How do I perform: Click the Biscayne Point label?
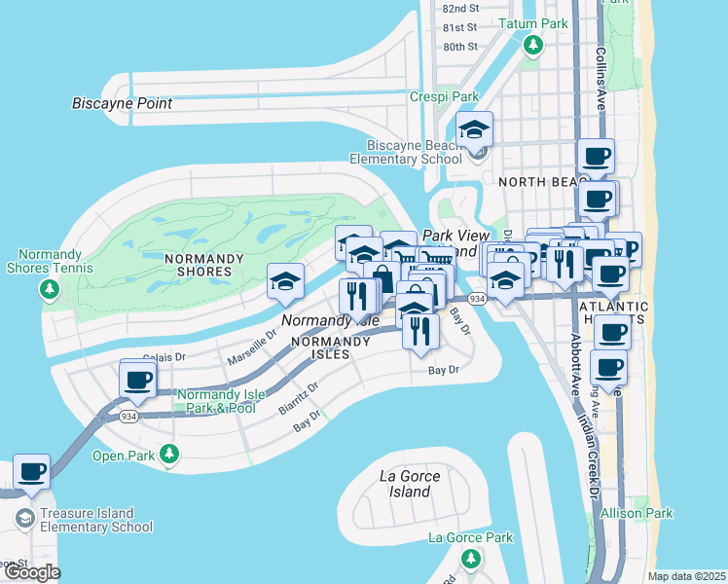tap(122, 103)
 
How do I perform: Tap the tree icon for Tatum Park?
tap(532, 45)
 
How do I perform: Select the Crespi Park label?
tap(444, 97)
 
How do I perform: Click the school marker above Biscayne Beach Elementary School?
tap(474, 129)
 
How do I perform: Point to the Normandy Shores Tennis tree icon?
tap(50, 289)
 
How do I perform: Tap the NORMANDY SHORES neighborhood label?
tap(199, 272)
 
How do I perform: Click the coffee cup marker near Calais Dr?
tap(137, 379)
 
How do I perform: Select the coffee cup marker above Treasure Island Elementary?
tap(31, 472)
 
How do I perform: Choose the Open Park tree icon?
tap(170, 455)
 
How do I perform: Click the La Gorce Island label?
tap(410, 484)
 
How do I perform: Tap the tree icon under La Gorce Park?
tap(470, 559)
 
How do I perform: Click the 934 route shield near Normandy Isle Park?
tap(128, 416)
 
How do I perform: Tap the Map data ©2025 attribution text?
tap(686, 576)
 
